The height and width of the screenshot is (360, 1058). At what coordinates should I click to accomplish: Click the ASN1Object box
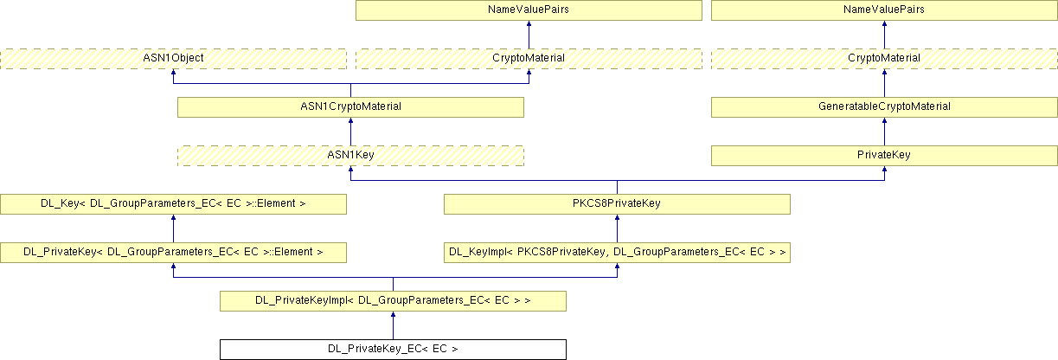(173, 58)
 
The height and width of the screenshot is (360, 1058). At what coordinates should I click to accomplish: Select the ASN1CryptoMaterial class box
(350, 106)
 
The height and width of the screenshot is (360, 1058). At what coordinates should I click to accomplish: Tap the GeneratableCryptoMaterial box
(884, 106)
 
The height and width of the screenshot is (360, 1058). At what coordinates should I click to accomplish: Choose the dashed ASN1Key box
(350, 155)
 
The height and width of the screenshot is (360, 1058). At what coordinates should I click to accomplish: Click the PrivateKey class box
(884, 155)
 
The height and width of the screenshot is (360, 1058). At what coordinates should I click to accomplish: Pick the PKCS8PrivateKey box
(617, 203)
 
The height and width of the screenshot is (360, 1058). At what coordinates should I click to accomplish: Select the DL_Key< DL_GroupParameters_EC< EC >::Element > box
(173, 203)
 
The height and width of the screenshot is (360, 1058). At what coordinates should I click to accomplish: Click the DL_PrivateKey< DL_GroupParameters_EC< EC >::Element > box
(173, 252)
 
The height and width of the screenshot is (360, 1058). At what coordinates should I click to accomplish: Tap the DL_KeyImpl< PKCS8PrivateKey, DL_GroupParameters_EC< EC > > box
(617, 252)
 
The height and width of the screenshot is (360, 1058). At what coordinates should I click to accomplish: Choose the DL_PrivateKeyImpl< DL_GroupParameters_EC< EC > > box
(394, 300)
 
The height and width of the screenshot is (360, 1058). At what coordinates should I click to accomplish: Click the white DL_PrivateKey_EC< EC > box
(394, 350)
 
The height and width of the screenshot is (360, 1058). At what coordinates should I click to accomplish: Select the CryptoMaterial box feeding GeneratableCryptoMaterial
(884, 58)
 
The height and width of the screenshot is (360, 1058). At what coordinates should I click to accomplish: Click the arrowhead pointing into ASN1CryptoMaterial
(350, 122)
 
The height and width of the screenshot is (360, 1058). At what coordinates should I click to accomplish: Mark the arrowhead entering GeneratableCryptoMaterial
(884, 122)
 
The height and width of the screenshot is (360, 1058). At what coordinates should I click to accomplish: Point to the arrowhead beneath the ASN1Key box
(350, 170)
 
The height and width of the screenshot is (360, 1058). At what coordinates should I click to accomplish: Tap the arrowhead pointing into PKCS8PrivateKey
(617, 219)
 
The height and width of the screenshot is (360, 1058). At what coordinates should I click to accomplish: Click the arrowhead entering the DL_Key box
(173, 219)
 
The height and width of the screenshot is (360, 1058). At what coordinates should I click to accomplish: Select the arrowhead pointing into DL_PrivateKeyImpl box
(394, 316)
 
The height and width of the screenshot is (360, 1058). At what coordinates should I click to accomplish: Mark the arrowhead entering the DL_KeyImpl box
(617, 267)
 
